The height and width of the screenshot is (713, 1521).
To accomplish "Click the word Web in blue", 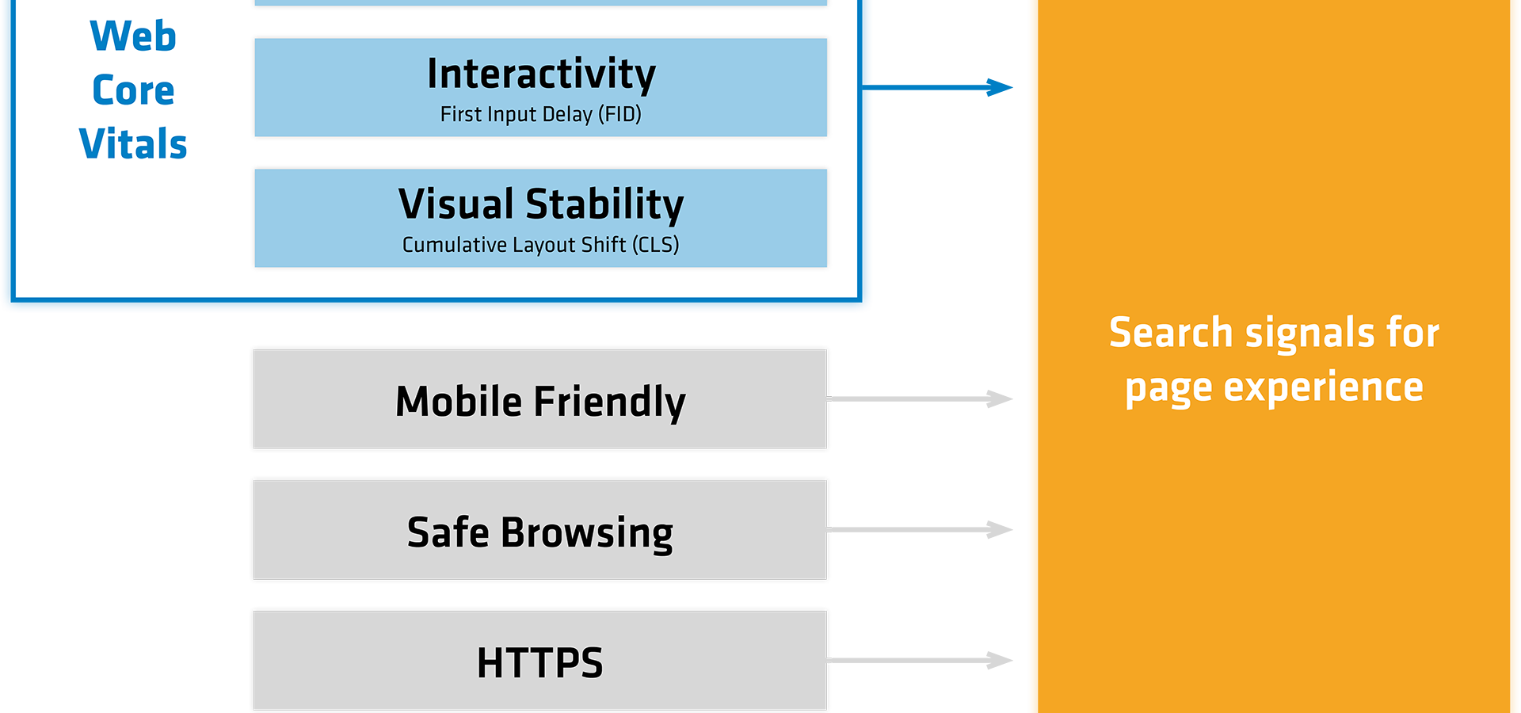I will [x=133, y=36].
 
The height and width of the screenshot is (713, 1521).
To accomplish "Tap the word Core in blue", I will [x=133, y=90].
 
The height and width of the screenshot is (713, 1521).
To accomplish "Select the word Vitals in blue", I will [x=133, y=144].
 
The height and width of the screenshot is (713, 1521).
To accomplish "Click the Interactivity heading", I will [x=541, y=74].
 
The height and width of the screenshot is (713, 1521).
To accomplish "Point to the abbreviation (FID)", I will [x=619, y=115].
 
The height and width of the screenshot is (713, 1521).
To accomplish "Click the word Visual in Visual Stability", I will [x=456, y=204].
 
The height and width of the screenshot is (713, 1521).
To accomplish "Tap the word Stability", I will [x=604, y=204].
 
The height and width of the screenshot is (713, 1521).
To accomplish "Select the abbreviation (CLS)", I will [x=655, y=245].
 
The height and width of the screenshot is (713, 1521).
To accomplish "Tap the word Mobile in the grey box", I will [x=459, y=401].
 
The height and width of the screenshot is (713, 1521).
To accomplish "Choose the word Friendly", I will [x=609, y=402].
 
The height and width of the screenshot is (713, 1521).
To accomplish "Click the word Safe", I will [x=448, y=532].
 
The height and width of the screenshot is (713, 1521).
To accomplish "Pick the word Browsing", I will [x=586, y=533].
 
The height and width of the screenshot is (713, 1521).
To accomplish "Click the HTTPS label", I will [x=539, y=663].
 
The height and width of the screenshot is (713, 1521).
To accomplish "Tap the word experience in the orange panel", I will [x=1323, y=387].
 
